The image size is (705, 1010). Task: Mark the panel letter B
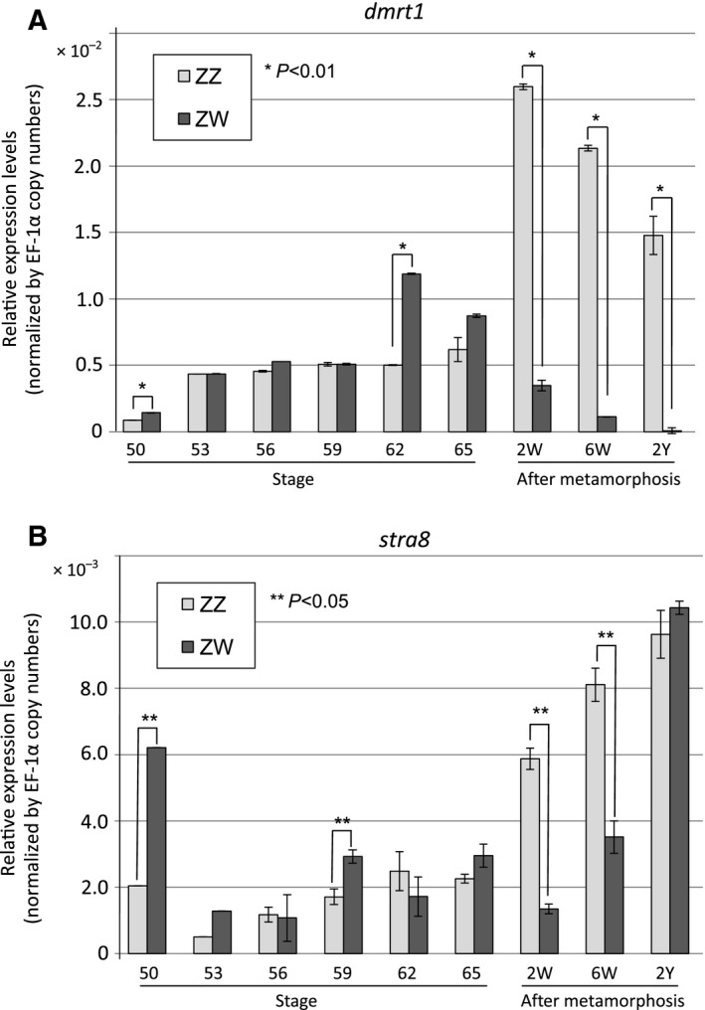pyautogui.click(x=16, y=537)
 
